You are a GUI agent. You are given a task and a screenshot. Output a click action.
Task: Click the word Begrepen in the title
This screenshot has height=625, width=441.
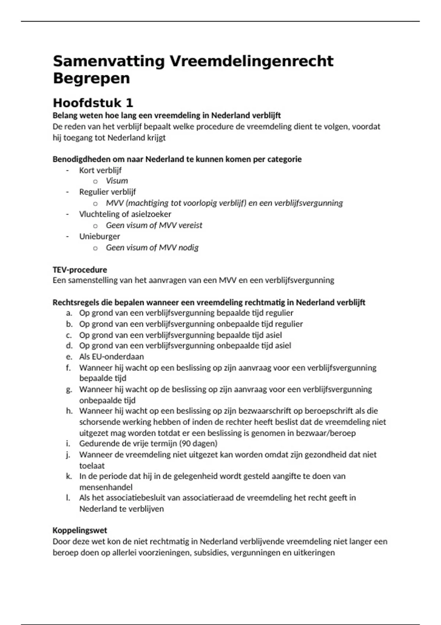coord(91,78)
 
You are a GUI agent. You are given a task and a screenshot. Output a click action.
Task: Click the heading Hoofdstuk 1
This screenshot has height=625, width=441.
coord(93,103)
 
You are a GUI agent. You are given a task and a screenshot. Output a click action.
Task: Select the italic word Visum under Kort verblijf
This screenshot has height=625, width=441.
coord(117,181)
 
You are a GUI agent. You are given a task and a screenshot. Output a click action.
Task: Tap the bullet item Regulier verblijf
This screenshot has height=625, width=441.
coord(107,192)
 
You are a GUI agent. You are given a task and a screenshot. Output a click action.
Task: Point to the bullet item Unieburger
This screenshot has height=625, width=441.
coord(100,236)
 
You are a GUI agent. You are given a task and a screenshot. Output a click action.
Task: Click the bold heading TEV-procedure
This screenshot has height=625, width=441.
coord(80,269)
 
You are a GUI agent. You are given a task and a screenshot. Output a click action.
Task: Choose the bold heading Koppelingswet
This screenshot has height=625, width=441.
coord(80,530)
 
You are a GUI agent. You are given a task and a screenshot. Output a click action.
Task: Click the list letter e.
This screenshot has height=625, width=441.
coord(69,357)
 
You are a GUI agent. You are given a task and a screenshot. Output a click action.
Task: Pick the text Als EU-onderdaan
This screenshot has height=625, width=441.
coord(111,357)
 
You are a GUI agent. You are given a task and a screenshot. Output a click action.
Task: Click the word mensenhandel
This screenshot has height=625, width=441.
coord(106,487)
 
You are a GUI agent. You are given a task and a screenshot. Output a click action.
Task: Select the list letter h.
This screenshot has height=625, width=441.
coord(69,411)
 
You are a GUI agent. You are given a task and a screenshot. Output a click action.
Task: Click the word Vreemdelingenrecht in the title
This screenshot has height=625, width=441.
coord(251,61)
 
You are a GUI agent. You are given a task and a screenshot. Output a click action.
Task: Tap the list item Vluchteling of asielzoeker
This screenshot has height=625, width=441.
coord(125,214)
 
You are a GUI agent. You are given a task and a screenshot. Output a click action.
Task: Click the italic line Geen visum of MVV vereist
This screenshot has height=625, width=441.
coord(154,225)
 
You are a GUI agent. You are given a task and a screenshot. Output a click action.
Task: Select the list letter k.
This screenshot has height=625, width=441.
coord(69,476)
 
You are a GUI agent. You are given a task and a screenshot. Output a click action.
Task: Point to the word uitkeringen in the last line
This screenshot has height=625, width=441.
coord(314,553)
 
